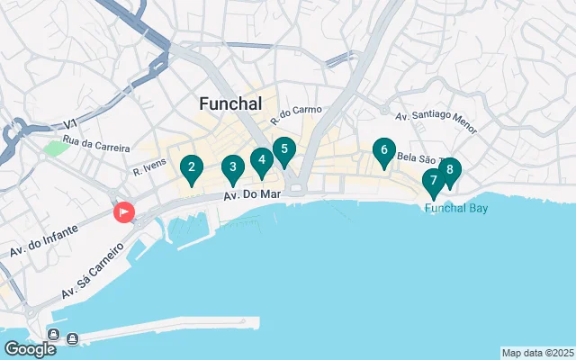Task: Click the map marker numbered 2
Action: (190, 167)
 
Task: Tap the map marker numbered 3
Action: (233, 167)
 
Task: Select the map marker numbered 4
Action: (261, 162)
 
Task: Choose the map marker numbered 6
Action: (384, 151)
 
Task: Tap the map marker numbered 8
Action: (449, 171)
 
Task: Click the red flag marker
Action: (123, 212)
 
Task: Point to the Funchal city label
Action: (230, 104)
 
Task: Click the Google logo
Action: (30, 348)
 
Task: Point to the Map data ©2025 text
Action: (537, 353)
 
